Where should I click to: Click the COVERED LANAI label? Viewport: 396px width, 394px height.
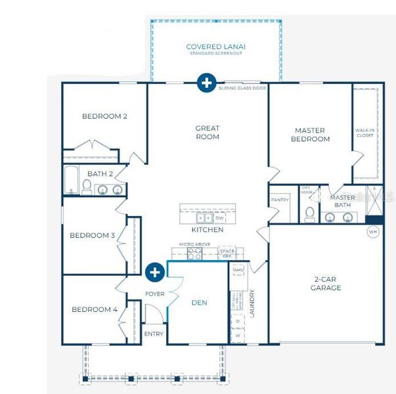pyautogui.click(x=215, y=47)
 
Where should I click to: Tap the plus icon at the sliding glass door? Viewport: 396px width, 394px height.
pyautogui.click(x=206, y=83)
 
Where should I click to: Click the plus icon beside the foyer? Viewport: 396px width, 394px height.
pyautogui.click(x=155, y=272)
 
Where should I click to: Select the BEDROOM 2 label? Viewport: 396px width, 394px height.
pyautogui.click(x=104, y=116)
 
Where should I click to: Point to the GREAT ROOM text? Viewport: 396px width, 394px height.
pyautogui.click(x=207, y=133)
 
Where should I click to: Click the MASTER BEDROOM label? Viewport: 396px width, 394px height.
pyautogui.click(x=311, y=135)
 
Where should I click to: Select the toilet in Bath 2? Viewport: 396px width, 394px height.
pyautogui.click(x=86, y=188)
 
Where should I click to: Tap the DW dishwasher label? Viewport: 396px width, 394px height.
pyautogui.click(x=219, y=218)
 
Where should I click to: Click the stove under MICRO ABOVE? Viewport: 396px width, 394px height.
pyautogui.click(x=194, y=253)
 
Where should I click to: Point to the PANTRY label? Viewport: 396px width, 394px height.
pyautogui.click(x=280, y=200)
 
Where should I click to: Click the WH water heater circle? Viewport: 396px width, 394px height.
pyautogui.click(x=373, y=232)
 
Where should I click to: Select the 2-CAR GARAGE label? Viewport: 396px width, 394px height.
pyautogui.click(x=326, y=284)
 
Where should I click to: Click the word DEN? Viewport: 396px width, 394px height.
pyautogui.click(x=199, y=303)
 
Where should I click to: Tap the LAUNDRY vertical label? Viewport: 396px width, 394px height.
pyautogui.click(x=252, y=303)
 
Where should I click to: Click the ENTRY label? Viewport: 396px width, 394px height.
pyautogui.click(x=154, y=334)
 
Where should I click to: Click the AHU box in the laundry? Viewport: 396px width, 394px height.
pyautogui.click(x=238, y=270)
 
